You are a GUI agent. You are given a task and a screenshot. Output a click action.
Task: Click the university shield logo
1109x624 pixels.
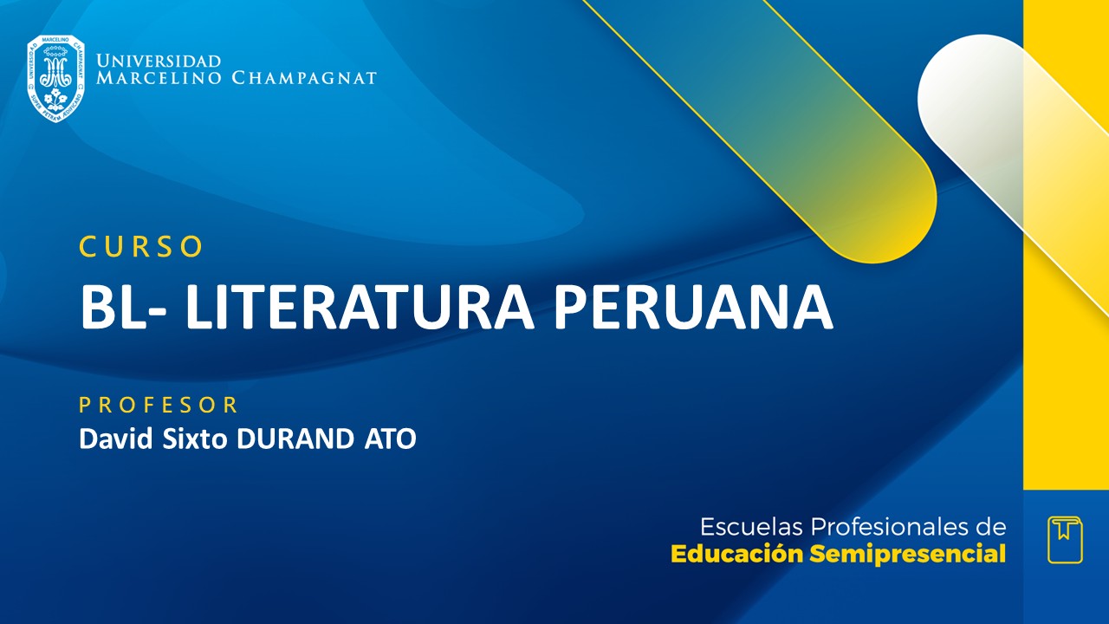pyautogui.click(x=55, y=78)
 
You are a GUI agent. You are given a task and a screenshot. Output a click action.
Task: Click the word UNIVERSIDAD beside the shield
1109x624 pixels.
pyautogui.click(x=159, y=62)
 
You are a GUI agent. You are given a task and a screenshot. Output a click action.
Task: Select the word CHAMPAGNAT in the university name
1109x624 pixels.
pyautogui.click(x=304, y=79)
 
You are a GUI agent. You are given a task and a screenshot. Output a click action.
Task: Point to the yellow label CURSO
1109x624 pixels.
pyautogui.click(x=141, y=247)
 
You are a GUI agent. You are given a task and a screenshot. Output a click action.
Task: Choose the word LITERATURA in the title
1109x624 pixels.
pyautogui.click(x=358, y=307)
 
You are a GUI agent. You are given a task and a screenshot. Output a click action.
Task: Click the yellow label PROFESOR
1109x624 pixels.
pyautogui.click(x=159, y=405)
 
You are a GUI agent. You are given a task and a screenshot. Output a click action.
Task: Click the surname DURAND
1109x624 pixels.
pyautogui.click(x=293, y=439)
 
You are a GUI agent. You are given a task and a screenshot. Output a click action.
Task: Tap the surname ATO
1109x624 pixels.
pyautogui.click(x=387, y=439)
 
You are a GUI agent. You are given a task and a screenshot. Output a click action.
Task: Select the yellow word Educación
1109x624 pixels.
pyautogui.click(x=737, y=554)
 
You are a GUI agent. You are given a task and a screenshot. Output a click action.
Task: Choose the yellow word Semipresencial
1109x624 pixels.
pyautogui.click(x=908, y=554)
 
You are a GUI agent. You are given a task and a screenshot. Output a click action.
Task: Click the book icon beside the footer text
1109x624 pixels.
pyautogui.click(x=1065, y=539)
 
